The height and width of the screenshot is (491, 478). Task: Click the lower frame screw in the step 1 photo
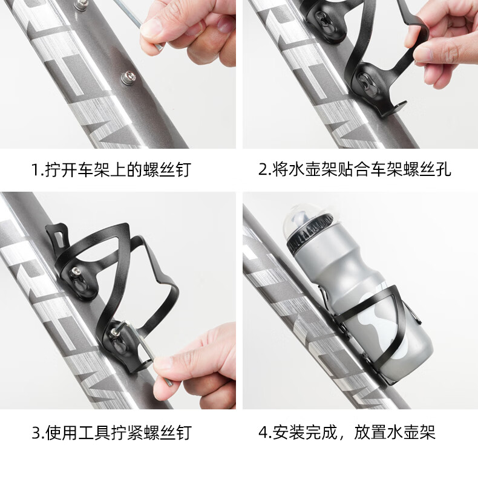click(x=129, y=77)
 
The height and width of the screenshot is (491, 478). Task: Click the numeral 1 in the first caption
click(x=35, y=170)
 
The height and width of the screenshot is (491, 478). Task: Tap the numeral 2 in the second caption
click(x=262, y=169)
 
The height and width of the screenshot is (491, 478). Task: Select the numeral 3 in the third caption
click(x=36, y=433)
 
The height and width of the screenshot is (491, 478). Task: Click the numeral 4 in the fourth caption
click(x=263, y=433)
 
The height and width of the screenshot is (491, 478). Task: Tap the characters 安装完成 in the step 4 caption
click(x=305, y=433)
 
